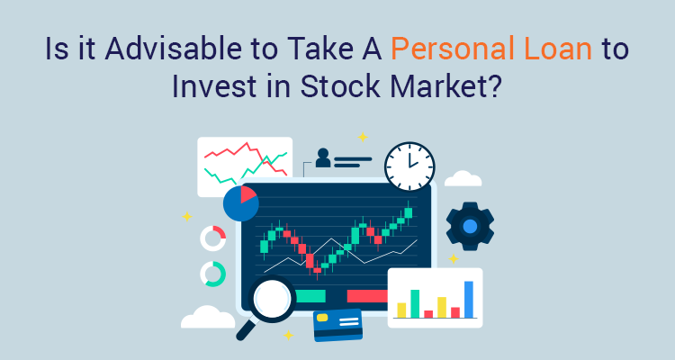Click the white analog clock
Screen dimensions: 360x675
pyautogui.click(x=409, y=166)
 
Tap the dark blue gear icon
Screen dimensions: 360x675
pyautogui.click(x=469, y=226)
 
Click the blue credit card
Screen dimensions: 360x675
pyautogui.click(x=337, y=325)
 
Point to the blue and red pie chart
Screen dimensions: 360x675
pyautogui.click(x=240, y=203)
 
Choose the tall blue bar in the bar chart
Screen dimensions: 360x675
pyautogui.click(x=468, y=300)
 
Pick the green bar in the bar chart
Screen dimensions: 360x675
pyautogui.click(x=415, y=304)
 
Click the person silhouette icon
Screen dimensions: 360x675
pyautogui.click(x=322, y=160)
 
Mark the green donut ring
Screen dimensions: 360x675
pyautogui.click(x=213, y=274)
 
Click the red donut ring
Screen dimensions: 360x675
pyautogui.click(x=213, y=238)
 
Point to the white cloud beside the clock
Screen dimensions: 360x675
pyautogui.click(x=463, y=178)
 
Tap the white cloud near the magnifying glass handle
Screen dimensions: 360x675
pyautogui.click(x=208, y=317)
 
